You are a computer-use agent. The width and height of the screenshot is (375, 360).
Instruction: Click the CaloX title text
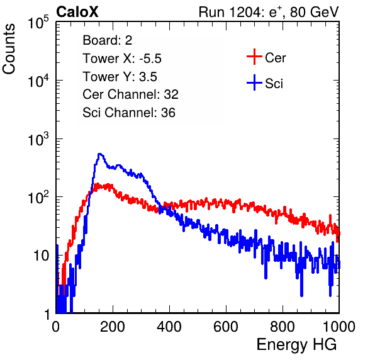77,12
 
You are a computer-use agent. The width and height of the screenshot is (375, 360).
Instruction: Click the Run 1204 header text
269,12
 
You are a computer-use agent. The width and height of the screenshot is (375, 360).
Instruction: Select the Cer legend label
275,58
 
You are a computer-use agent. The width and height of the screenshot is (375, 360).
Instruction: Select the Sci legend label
274,84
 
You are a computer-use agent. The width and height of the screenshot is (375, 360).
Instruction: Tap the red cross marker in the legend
254,57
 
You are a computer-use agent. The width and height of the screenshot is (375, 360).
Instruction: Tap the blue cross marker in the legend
254,82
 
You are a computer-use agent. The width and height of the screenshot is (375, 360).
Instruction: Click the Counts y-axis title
9,49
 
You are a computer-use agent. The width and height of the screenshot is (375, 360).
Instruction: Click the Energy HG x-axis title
296,344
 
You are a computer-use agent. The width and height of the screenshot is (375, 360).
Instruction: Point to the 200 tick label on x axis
113,326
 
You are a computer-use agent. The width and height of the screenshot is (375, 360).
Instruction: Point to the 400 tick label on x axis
169,326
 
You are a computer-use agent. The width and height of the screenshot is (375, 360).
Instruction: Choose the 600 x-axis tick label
226,326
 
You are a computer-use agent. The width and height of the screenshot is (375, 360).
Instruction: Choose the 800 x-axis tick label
283,326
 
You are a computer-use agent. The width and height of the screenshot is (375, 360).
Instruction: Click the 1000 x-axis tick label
339,326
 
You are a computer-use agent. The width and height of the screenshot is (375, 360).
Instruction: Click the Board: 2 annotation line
108,40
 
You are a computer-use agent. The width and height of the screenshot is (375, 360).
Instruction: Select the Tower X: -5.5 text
122,59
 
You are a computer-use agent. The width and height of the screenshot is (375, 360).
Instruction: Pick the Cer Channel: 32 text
131,94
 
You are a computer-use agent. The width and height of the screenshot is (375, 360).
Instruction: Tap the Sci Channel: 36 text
129,113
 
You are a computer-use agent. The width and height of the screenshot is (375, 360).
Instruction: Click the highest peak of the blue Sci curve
100,154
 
